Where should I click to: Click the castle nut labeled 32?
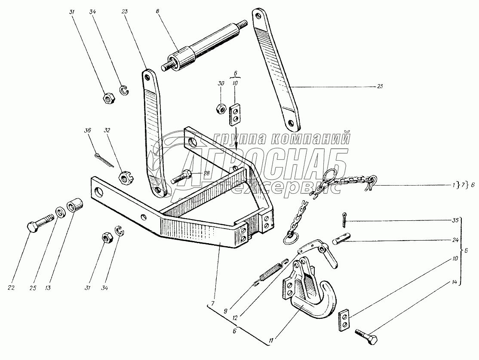125,177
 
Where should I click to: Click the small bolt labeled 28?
181,176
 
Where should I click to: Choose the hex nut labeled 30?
220,108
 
